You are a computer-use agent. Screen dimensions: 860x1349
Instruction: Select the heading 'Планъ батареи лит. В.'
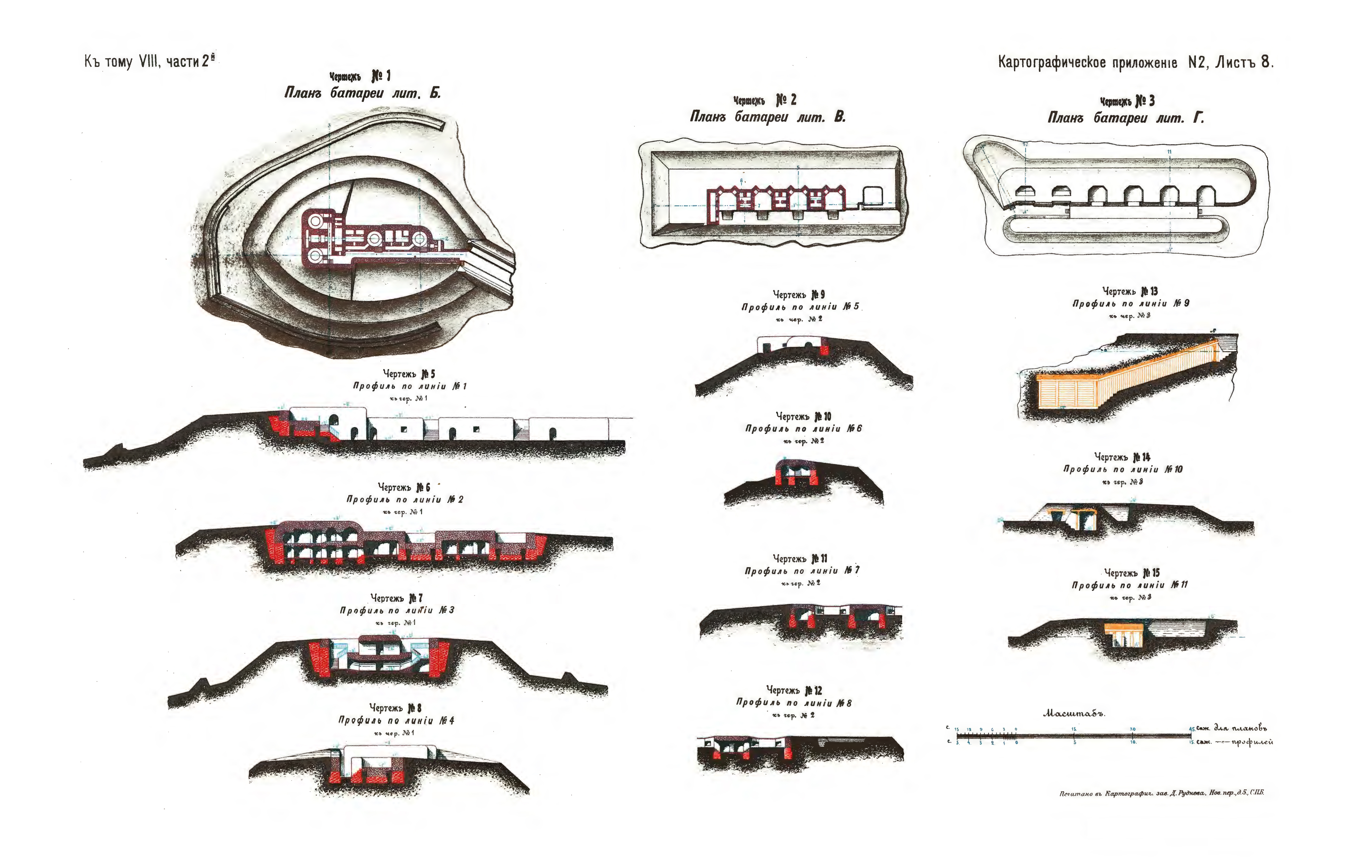(x=767, y=117)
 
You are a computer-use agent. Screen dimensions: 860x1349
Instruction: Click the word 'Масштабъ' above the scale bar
(x=1074, y=714)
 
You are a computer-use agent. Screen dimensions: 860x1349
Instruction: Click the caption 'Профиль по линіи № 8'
(x=794, y=703)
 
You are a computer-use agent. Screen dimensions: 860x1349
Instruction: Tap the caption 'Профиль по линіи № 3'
(x=397, y=610)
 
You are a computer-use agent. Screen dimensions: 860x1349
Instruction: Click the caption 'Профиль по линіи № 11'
(x=1129, y=585)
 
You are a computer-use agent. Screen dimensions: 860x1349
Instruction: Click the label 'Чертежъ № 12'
(x=794, y=690)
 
